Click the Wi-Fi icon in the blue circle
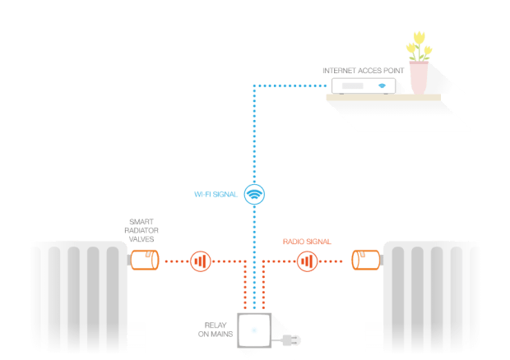(254, 194)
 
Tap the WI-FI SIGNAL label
(216, 194)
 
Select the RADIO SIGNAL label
(307, 242)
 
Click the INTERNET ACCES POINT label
(363, 71)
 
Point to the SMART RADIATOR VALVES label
(141, 230)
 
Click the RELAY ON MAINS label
(216, 330)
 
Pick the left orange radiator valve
(145, 260)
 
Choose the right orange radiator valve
(365, 260)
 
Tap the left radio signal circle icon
(201, 261)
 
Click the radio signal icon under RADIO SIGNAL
(307, 261)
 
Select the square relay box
(254, 330)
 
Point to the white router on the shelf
(364, 85)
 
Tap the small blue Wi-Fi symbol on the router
(382, 85)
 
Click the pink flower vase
(419, 78)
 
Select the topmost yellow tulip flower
(420, 38)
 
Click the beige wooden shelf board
(383, 97)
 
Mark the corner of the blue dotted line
(254, 85)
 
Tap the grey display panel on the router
(353, 85)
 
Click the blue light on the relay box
(254, 330)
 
